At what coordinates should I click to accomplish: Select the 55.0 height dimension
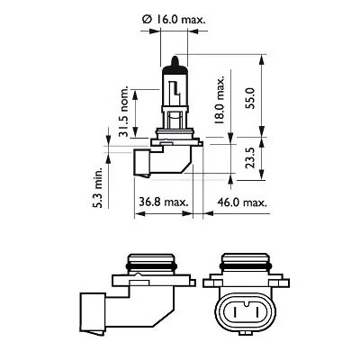pos(261,93)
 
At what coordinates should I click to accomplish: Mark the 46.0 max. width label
pos(241,203)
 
